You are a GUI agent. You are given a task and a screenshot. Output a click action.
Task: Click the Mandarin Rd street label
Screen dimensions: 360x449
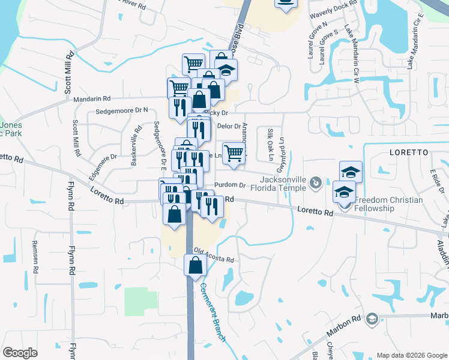(x=92, y=98)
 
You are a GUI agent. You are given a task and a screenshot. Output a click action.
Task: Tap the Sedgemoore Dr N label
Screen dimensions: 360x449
(x=121, y=111)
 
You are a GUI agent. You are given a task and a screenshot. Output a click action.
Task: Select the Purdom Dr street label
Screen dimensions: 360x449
(x=230, y=185)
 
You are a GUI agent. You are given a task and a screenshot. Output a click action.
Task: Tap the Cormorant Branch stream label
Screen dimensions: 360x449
(x=213, y=312)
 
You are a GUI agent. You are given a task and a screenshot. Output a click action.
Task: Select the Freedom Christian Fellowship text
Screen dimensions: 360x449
(x=388, y=204)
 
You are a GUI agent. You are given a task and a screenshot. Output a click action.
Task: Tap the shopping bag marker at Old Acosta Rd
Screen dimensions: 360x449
(x=195, y=266)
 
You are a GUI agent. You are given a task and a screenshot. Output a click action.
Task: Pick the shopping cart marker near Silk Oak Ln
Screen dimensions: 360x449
(x=234, y=154)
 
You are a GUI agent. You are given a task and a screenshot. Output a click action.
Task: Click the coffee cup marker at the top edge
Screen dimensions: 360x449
(x=286, y=3)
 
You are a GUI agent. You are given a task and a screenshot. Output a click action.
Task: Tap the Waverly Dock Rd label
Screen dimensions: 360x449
(x=333, y=8)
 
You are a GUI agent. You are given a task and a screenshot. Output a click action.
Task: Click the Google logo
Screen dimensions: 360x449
(x=20, y=353)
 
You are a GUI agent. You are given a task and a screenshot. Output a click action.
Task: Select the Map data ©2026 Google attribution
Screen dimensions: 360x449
(x=411, y=355)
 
